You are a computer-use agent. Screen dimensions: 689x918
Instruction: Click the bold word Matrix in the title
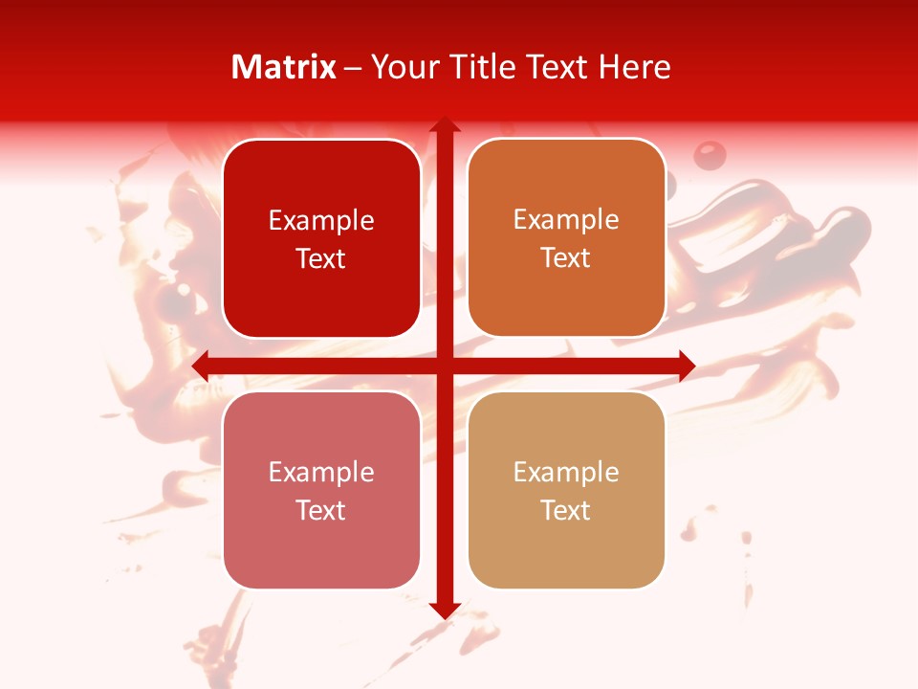coord(284,67)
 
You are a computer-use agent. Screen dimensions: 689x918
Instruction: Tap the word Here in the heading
coord(634,67)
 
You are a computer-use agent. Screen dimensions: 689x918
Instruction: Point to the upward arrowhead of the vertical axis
coord(445,124)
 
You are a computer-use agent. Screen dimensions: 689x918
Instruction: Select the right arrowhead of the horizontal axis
coord(687,366)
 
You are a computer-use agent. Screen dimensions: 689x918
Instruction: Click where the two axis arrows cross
coord(445,366)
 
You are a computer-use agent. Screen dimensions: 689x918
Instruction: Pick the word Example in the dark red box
coord(321,221)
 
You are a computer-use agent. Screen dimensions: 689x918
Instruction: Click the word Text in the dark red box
coord(321,259)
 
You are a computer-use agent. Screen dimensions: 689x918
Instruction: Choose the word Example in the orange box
coord(566,220)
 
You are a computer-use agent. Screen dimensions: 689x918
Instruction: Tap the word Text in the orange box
coord(566,258)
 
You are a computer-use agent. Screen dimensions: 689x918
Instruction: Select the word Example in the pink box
coord(321,473)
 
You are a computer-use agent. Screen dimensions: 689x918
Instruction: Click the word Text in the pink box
coord(321,511)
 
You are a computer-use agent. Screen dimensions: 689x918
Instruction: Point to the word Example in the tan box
coord(566,473)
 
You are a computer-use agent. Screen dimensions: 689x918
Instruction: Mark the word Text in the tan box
coord(566,511)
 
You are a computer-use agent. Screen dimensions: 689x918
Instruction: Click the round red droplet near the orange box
coord(709,154)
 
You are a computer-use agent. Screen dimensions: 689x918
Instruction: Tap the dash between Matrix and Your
coord(354,68)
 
